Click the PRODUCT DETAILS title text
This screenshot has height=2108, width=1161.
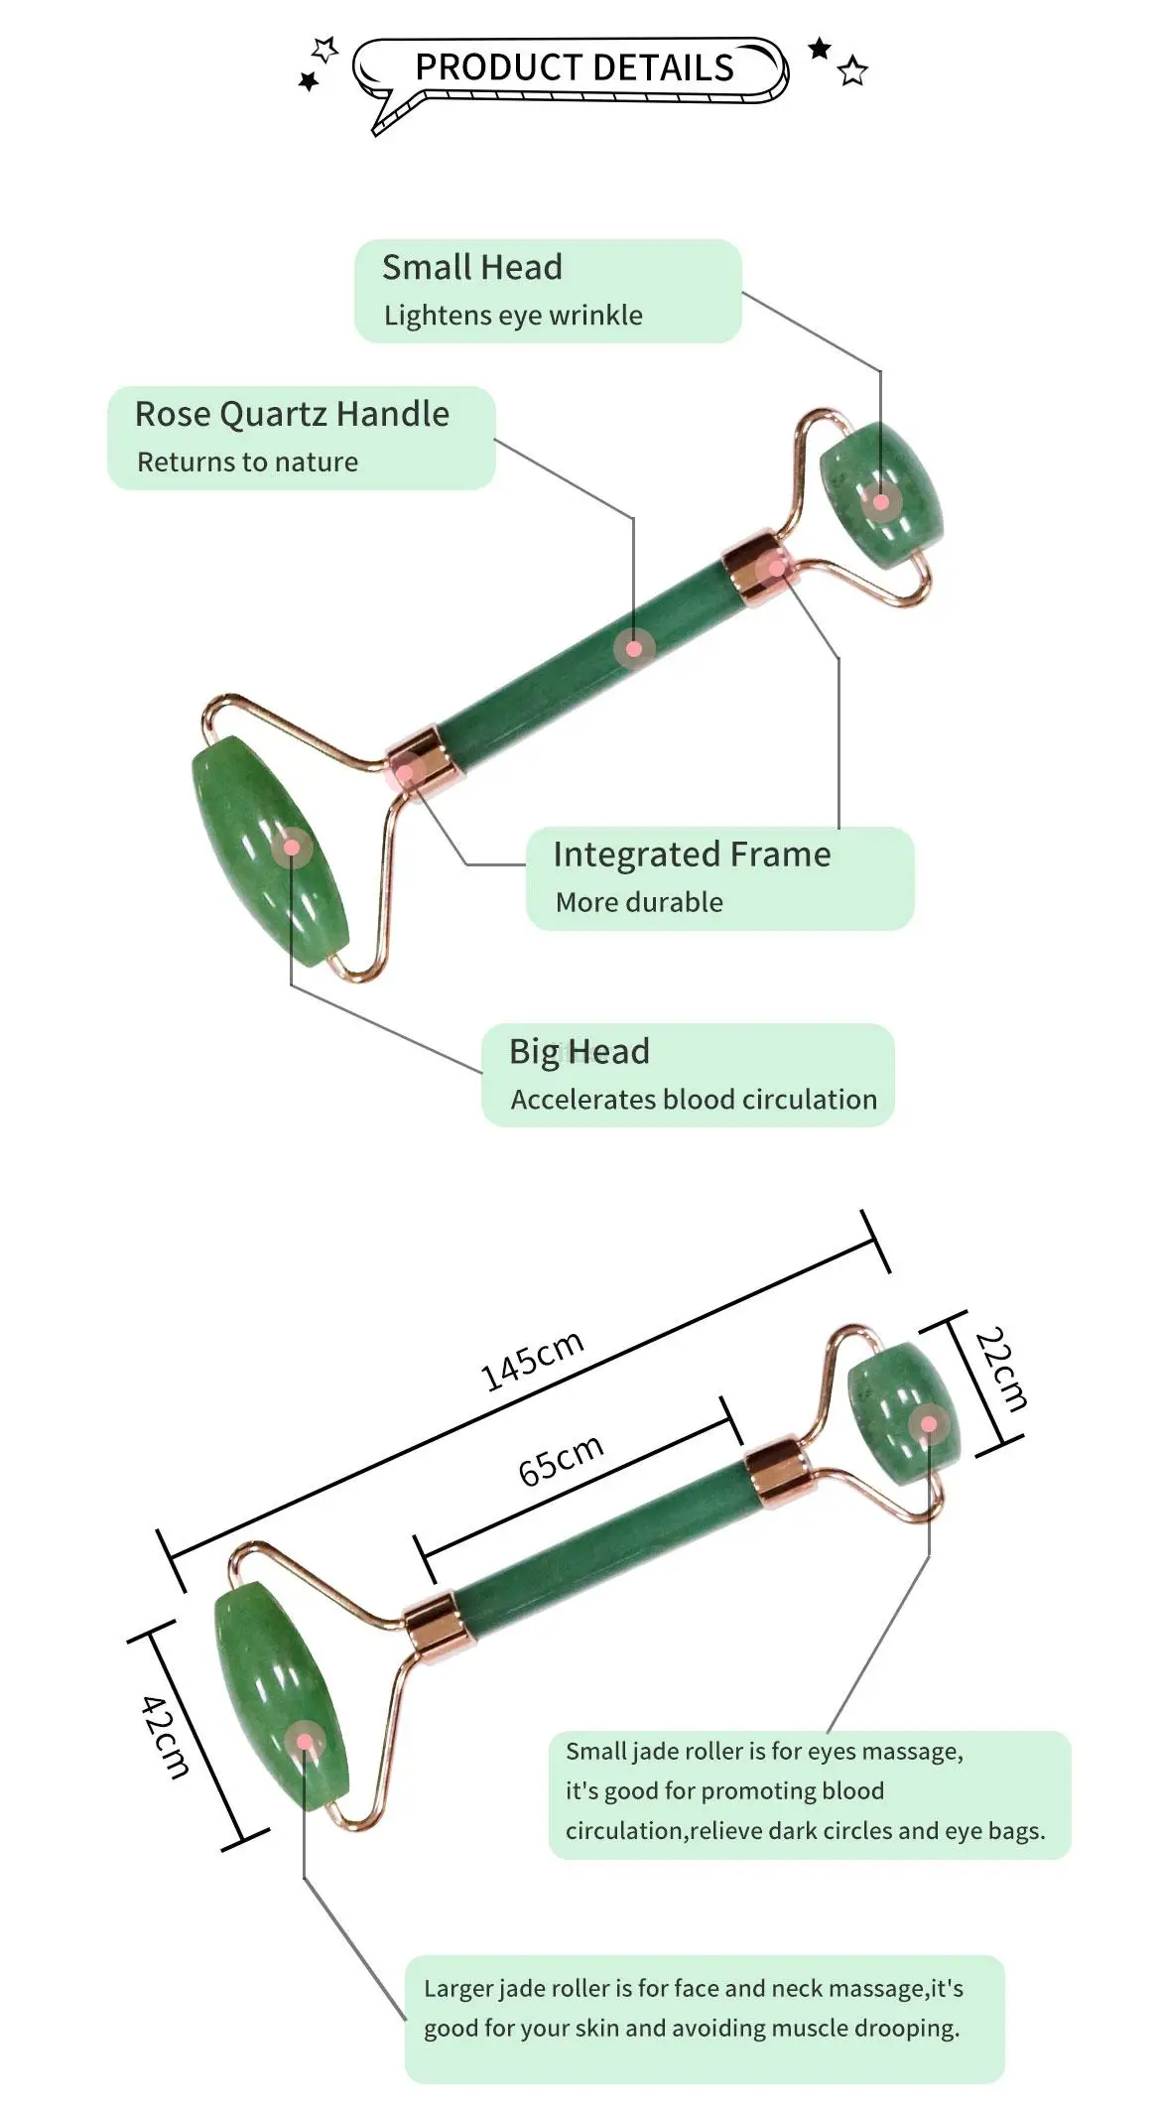point(574,67)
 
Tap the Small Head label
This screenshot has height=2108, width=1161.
point(471,267)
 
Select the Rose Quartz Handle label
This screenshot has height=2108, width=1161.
point(292,414)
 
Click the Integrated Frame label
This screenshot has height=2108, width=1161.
point(692,855)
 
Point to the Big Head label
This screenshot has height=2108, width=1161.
point(579,1051)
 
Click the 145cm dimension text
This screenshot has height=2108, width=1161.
point(532,1361)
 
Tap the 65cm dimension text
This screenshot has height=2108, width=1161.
point(561,1460)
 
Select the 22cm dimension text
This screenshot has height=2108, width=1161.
point(1001,1369)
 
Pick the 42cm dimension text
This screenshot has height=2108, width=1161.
point(165,1737)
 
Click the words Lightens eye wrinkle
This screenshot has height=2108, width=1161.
point(513,316)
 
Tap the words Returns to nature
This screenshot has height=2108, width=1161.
point(247,462)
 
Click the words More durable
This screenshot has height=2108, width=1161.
point(639,902)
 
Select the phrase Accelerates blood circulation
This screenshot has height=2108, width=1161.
point(694,1100)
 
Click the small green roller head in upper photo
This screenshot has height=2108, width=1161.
point(881,493)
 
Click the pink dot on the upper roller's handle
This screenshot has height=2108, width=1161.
point(634,649)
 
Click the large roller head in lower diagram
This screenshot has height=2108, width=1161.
point(282,1697)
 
